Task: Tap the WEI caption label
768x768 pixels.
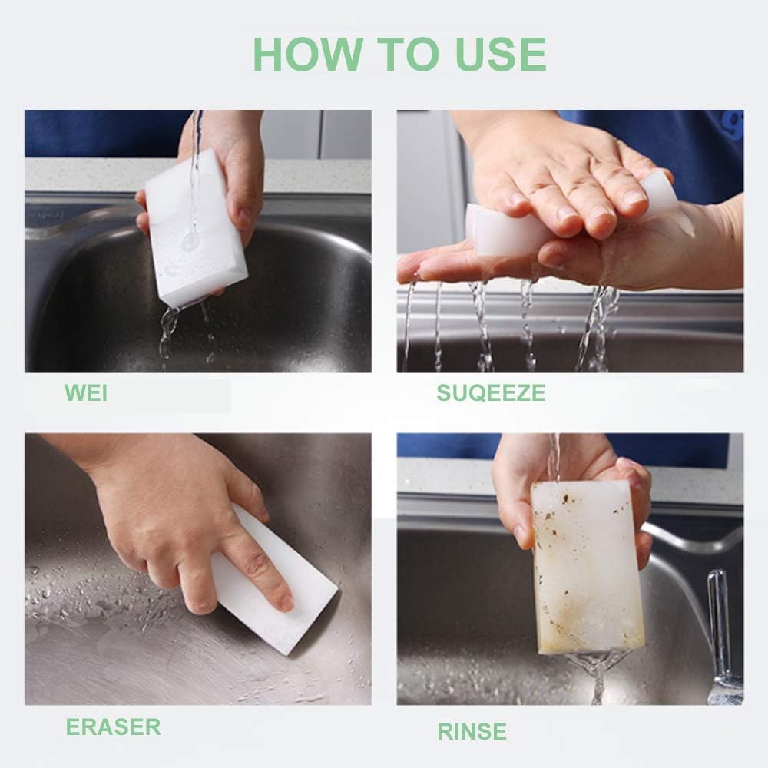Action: point(86,393)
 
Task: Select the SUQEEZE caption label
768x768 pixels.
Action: point(491,393)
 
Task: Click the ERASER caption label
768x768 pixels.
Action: point(113,727)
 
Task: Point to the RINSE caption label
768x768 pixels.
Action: point(472,731)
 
